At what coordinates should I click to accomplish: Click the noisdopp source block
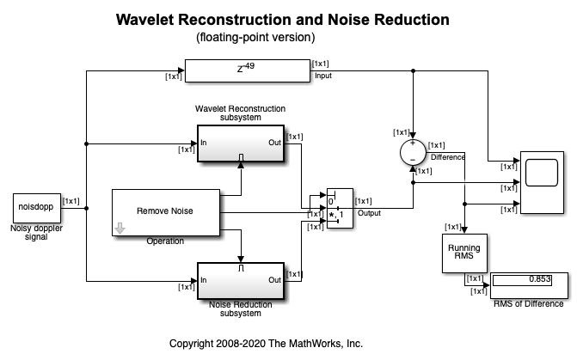point(34,207)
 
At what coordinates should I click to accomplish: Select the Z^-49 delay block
point(247,71)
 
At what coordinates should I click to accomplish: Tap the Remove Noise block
point(165,211)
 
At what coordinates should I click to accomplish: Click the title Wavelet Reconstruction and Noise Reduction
point(288,19)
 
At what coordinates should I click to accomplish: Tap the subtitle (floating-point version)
point(255,37)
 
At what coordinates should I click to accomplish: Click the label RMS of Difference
point(529,302)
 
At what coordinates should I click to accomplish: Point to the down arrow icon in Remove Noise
point(121,228)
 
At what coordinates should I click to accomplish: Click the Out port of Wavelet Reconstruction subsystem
point(274,143)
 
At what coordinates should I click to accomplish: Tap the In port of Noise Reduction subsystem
point(205,280)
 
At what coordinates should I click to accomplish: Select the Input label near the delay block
point(323,76)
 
